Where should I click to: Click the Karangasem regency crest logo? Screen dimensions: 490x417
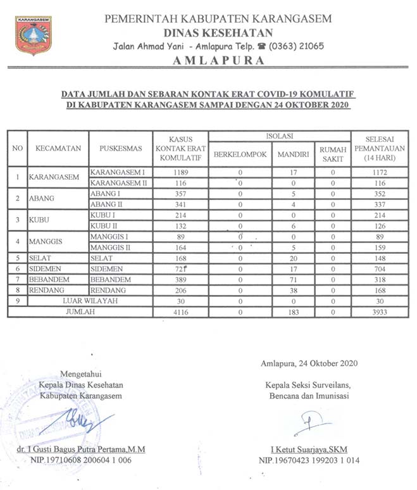coord(34,35)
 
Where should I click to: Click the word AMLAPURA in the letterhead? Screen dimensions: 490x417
coord(218,61)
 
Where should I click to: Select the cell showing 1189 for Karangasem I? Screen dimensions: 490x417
coord(180,172)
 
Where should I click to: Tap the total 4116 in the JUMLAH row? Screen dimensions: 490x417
coord(180,312)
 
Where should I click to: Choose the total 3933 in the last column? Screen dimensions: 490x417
coord(380,312)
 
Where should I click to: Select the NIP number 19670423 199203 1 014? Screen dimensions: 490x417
coord(309,460)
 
